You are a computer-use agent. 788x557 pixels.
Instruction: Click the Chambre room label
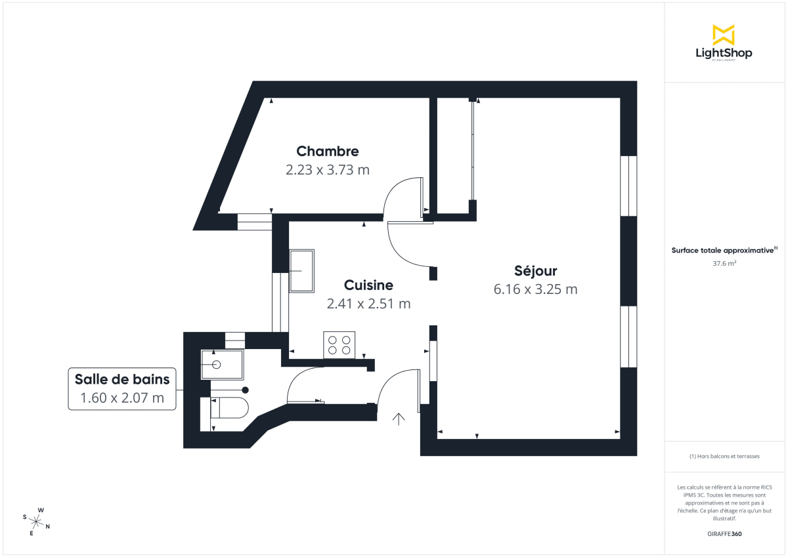(328, 152)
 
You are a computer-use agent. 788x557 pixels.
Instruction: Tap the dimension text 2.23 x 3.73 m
(328, 170)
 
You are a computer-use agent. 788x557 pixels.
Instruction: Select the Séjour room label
(536, 271)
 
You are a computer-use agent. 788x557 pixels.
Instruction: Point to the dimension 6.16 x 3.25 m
(536, 289)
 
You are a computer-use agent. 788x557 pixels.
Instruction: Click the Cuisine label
(368, 285)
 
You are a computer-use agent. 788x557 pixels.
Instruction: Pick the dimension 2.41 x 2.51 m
(368, 304)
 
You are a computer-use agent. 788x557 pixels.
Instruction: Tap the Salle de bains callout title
(122, 379)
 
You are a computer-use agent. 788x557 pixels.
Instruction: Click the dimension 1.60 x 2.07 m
(122, 398)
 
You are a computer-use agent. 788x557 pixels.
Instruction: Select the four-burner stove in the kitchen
(339, 345)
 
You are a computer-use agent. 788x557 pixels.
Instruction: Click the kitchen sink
(302, 270)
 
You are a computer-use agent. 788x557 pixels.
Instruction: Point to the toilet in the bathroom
(229, 408)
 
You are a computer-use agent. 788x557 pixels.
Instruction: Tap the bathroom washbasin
(222, 364)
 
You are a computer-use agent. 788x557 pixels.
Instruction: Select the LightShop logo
(724, 42)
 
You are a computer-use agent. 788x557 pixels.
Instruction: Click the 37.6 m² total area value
(724, 263)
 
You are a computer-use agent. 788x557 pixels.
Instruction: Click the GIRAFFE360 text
(724, 534)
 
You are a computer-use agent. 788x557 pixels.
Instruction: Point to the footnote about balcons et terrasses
(724, 456)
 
